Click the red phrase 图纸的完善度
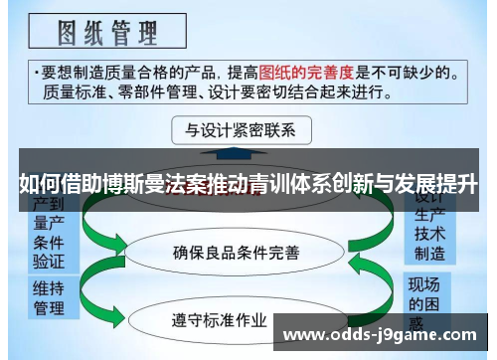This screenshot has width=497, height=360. (x=308, y=73)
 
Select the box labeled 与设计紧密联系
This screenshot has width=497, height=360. (x=241, y=130)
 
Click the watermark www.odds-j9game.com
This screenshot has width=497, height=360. (x=384, y=336)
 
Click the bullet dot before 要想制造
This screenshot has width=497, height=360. (x=37, y=73)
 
